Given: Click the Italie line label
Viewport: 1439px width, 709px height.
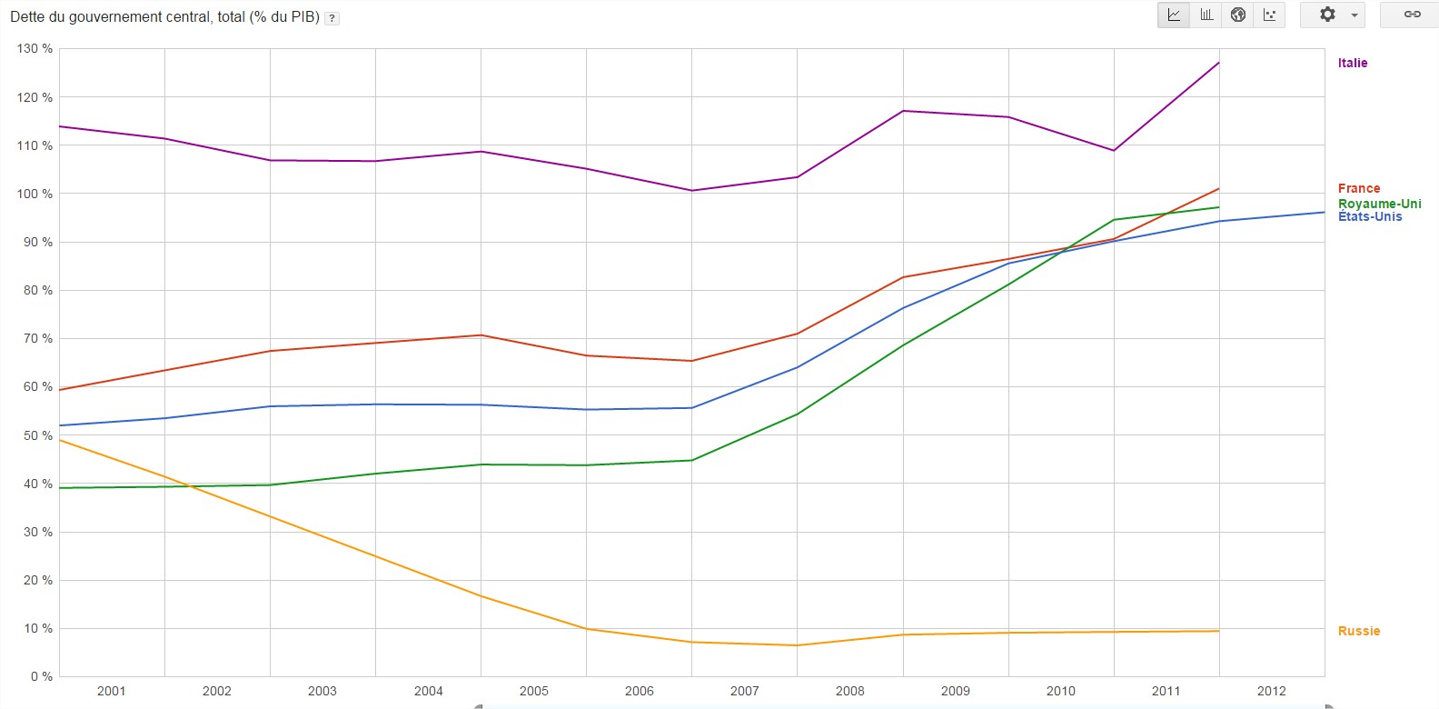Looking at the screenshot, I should [x=1352, y=63].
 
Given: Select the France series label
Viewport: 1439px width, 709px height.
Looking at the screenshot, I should [x=1358, y=188].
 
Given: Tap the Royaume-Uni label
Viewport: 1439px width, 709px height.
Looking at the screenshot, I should [x=1379, y=204].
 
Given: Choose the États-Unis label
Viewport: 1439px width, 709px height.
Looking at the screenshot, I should [x=1369, y=216].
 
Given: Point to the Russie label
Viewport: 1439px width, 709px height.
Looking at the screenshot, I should [x=1358, y=631].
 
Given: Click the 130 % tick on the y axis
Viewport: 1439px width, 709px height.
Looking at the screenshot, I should [x=35, y=48].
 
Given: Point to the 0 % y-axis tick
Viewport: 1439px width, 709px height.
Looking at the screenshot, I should [x=41, y=676].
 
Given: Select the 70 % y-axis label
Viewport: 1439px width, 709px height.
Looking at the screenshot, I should [x=38, y=338].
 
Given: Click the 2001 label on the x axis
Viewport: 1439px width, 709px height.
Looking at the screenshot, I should [x=111, y=691].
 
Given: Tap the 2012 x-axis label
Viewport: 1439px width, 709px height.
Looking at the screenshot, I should [x=1271, y=691].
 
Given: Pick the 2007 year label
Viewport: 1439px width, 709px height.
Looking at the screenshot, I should [x=744, y=691].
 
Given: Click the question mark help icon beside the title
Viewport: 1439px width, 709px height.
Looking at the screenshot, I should [x=332, y=18].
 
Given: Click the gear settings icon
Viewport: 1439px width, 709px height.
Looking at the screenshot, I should [x=1327, y=15].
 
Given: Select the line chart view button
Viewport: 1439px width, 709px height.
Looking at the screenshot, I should [x=1174, y=15].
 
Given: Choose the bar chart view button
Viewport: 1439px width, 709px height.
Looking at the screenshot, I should [x=1206, y=15].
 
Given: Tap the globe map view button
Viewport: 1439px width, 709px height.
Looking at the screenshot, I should [x=1237, y=15].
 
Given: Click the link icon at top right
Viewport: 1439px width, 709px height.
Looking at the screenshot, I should [x=1412, y=15].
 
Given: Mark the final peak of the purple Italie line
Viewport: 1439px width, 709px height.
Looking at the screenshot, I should [x=1218, y=63].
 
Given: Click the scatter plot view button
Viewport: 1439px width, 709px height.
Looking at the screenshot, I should [x=1269, y=15].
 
